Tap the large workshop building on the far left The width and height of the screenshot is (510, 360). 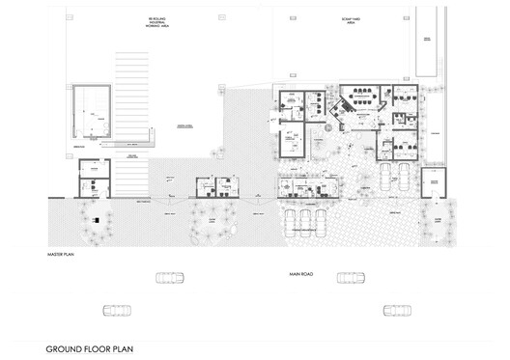[95, 113]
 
